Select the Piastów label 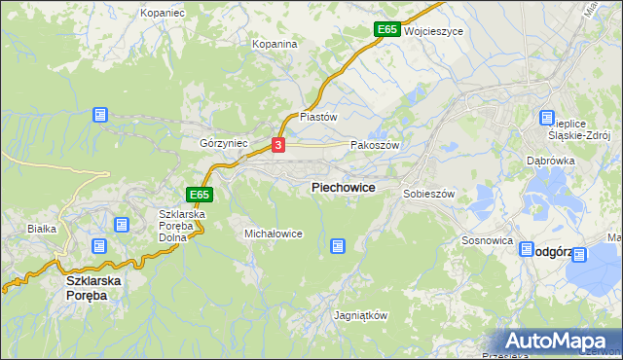[318, 116]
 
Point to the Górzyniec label [224, 143]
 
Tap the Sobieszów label [429, 194]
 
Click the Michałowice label [274, 234]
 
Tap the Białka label [43, 229]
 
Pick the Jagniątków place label [360, 316]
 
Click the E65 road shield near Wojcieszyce [386, 30]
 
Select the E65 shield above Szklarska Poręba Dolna [200, 195]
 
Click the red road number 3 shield [278, 145]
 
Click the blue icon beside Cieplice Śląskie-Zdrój [547, 119]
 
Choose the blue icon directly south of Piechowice [338, 247]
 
